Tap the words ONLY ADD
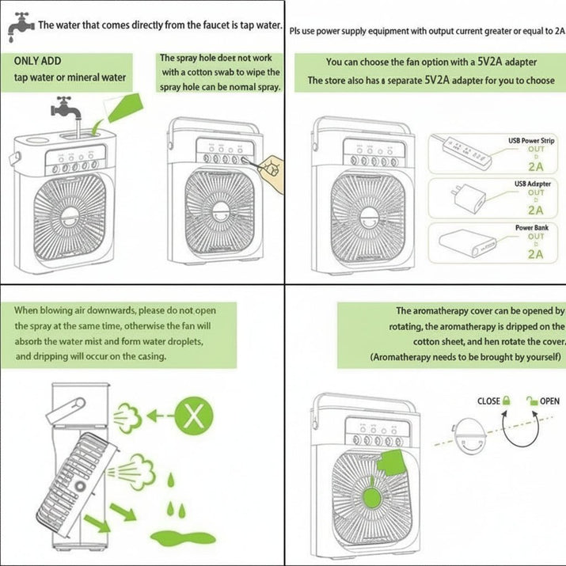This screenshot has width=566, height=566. [37, 61]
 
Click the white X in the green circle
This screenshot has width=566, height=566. [194, 416]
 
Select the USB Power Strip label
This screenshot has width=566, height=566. [531, 140]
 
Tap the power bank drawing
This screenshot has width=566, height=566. [466, 242]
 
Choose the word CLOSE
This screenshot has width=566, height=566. [488, 401]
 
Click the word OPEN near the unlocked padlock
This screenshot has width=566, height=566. [549, 401]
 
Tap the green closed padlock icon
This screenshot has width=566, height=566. [507, 401]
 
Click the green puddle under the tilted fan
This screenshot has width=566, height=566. [183, 538]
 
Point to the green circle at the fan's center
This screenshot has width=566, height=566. [372, 498]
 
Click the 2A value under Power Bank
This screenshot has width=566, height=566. [535, 254]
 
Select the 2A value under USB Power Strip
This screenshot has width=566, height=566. [535, 167]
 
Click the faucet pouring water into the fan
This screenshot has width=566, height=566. [66, 108]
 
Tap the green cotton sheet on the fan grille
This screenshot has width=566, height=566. [392, 463]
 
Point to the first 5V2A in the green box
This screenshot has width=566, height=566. [489, 62]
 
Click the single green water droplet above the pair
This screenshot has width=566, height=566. [172, 480]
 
